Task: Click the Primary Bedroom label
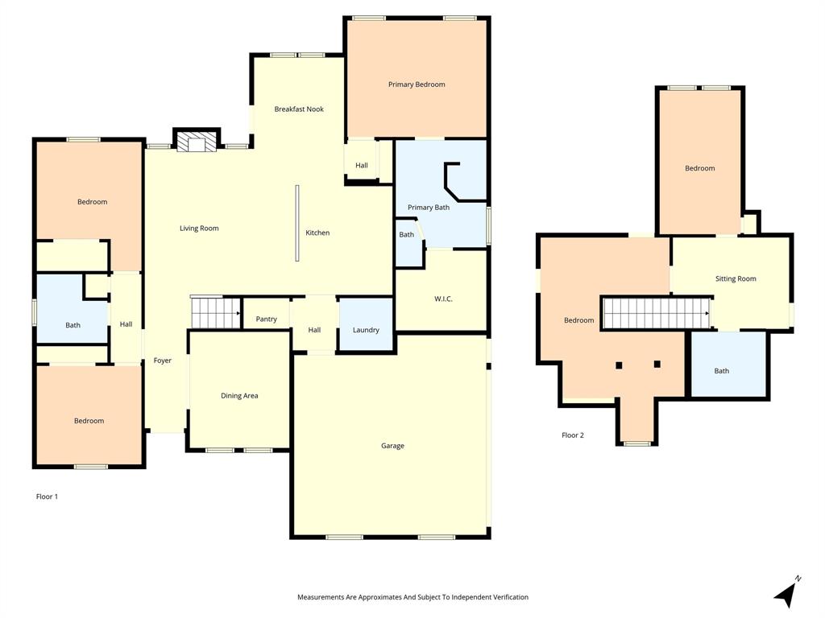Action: [417, 84]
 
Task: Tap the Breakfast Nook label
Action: [299, 109]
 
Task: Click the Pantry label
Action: [267, 319]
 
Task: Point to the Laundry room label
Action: [366, 330]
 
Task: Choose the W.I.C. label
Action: [443, 299]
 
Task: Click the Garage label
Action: [392, 446]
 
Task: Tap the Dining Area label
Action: [239, 396]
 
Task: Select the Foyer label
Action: [163, 360]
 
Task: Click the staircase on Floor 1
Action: [215, 312]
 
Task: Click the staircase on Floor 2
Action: [656, 313]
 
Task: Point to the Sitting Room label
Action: [736, 279]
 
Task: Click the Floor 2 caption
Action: [573, 435]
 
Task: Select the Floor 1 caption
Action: [47, 496]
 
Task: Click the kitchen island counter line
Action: [296, 223]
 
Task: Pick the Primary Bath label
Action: [429, 208]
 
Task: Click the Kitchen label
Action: [317, 233]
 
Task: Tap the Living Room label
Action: [199, 229]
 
